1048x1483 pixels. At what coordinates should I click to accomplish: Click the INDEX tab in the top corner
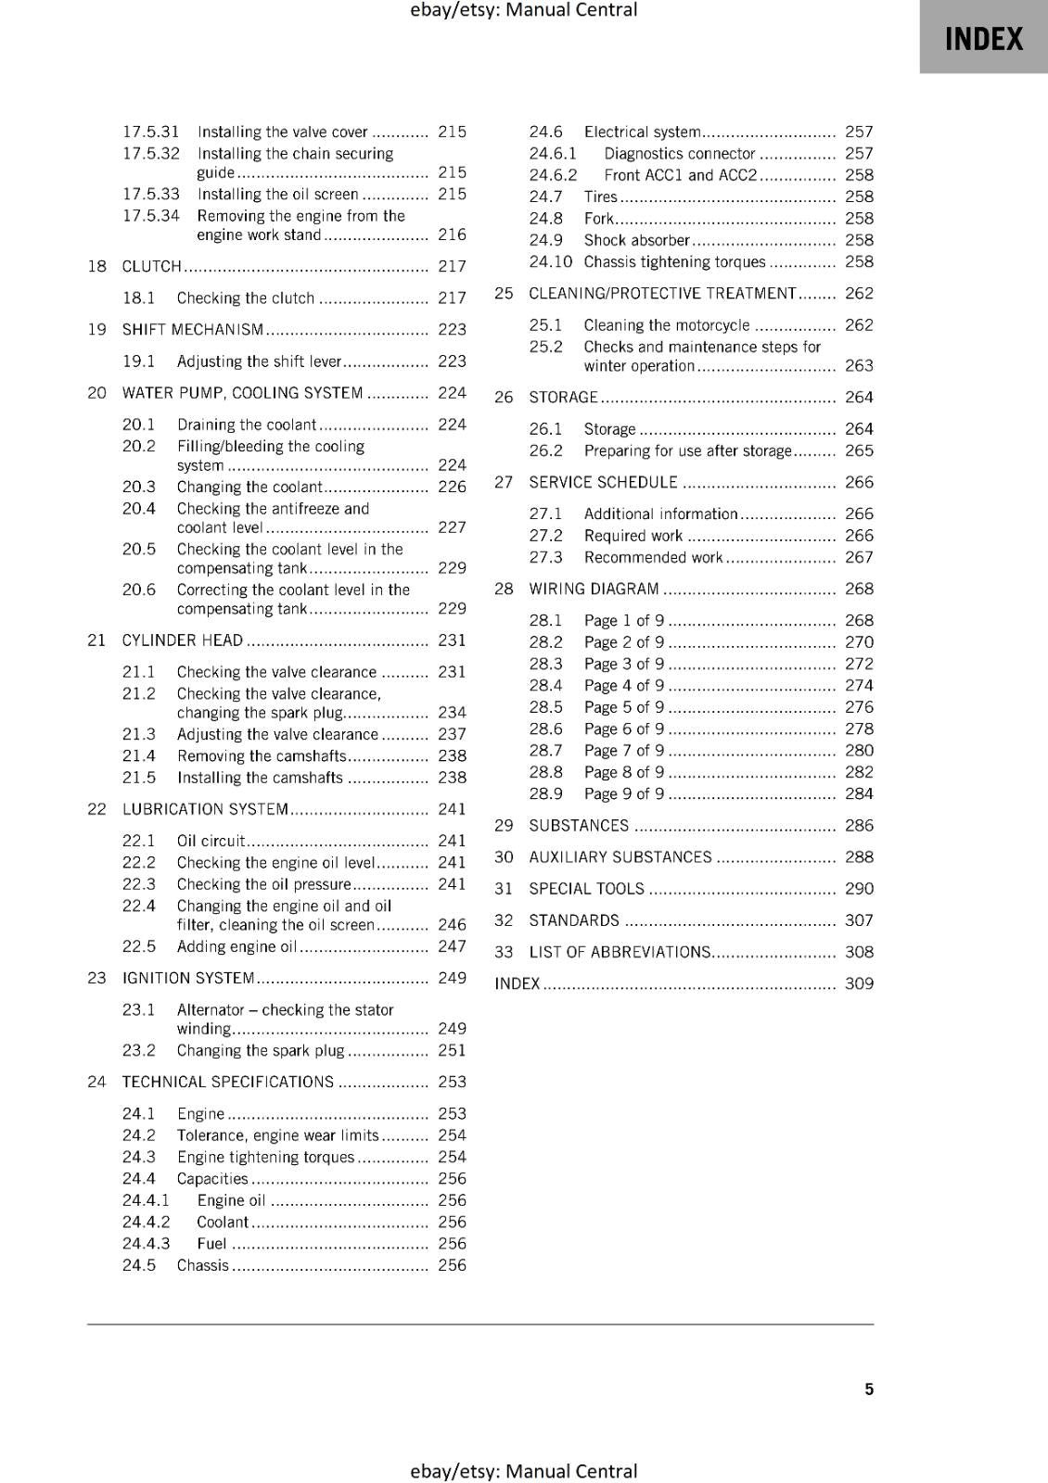983,38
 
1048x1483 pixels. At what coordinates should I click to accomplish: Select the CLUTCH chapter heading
152,266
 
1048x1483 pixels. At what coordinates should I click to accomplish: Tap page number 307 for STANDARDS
859,920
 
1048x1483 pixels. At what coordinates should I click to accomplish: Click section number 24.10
550,261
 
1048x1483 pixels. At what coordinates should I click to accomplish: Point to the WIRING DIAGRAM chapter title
594,589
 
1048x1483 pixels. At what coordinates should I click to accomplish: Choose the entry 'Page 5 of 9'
623,707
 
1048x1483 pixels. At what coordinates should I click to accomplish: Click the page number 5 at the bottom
869,1388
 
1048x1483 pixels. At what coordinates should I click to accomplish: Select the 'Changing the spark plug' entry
260,1050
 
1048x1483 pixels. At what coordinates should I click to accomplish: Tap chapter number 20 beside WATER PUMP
96,393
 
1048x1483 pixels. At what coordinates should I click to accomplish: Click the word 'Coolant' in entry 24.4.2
223,1222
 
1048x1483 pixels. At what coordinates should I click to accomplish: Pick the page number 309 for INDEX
859,983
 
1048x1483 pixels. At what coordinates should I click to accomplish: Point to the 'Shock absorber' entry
636,240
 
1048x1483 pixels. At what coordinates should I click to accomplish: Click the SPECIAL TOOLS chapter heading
586,889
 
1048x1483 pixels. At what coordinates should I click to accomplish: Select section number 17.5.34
150,216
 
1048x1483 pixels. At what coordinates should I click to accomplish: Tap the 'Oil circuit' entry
211,841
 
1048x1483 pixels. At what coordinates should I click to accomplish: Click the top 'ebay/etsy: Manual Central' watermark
523,10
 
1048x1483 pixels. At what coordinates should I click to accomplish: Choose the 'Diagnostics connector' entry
679,154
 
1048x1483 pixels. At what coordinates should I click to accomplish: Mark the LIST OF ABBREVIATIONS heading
619,952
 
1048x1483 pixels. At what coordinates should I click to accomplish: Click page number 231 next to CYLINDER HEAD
452,640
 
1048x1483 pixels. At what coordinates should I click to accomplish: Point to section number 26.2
545,450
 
